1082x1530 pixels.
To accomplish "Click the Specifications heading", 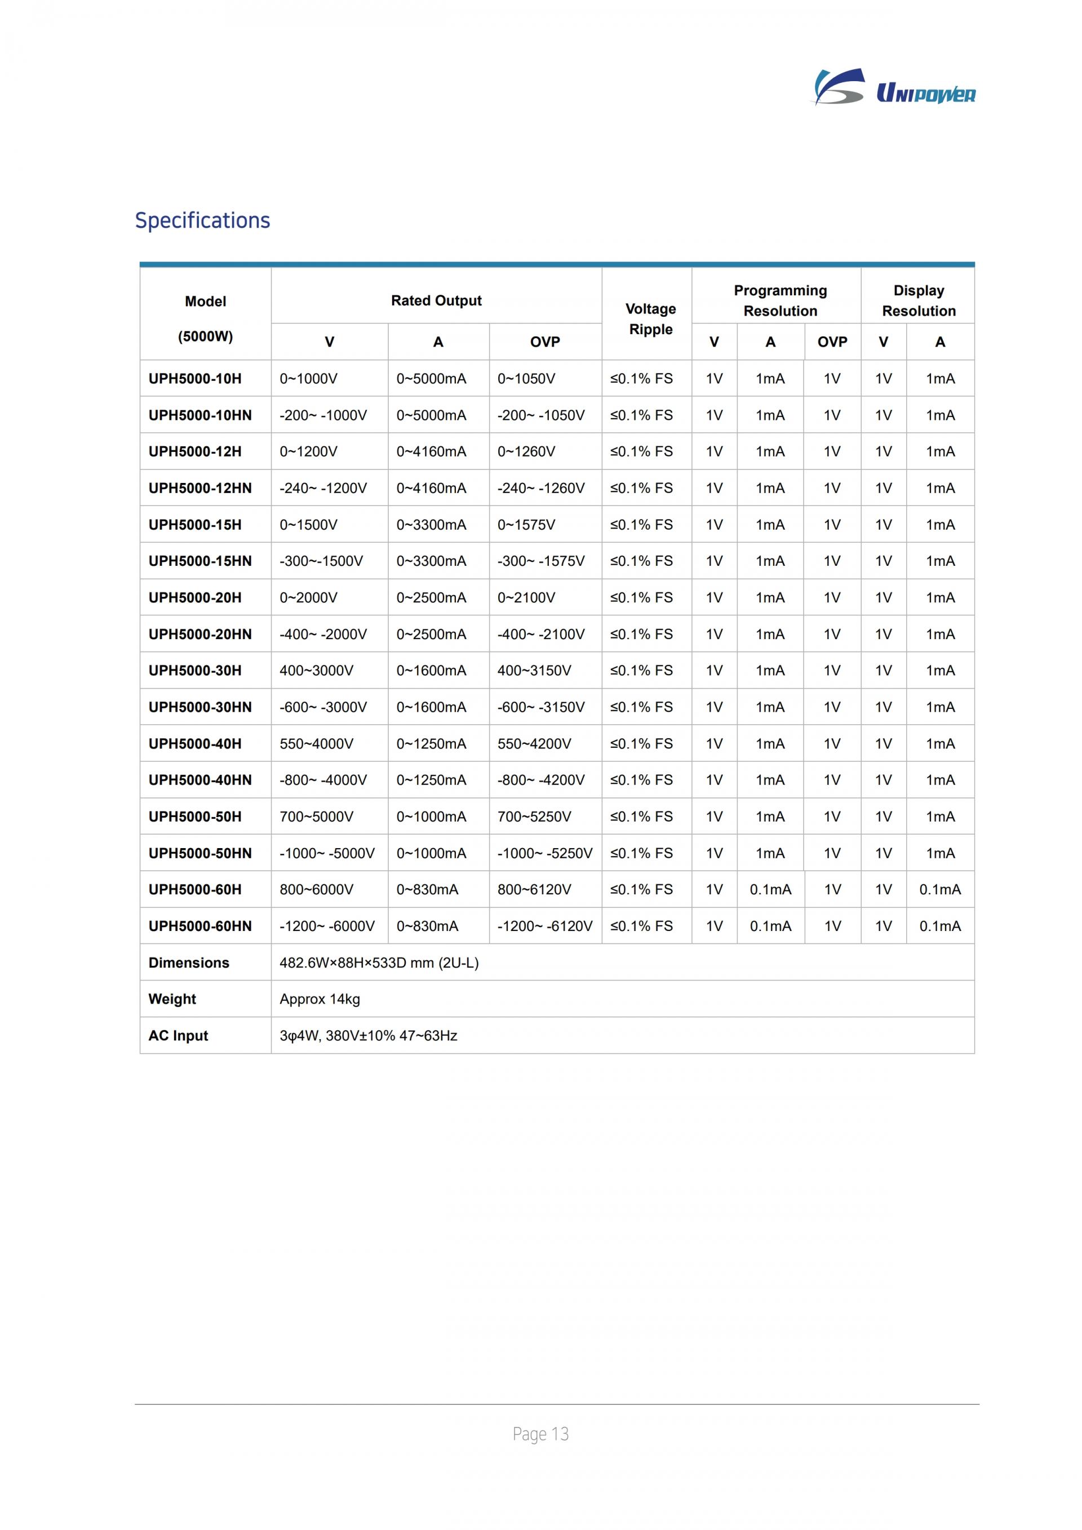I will tap(202, 220).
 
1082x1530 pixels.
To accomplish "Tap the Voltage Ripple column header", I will tap(650, 318).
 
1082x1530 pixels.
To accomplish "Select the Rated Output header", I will tap(436, 300).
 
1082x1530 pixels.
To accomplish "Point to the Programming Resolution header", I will tap(779, 300).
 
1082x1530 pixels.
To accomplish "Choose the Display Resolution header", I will tap(918, 300).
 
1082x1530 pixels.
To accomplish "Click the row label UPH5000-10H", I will tap(194, 379).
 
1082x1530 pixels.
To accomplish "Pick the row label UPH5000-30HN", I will tap(200, 707).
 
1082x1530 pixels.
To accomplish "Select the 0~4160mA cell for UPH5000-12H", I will tap(431, 451).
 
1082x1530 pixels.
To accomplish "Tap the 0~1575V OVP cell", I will tap(526, 525).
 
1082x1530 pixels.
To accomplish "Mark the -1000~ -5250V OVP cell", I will tap(544, 853).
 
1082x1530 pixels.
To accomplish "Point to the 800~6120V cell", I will tap(534, 890).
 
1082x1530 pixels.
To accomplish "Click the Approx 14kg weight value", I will tap(320, 999).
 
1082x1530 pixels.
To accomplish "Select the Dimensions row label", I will tap(189, 963).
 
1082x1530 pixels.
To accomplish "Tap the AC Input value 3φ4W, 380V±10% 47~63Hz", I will tap(368, 1036).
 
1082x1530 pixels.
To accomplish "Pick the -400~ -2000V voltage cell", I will tap(322, 635).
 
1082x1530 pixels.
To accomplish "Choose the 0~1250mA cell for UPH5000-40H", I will tap(431, 744).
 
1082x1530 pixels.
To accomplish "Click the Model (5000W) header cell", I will tap(205, 318).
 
